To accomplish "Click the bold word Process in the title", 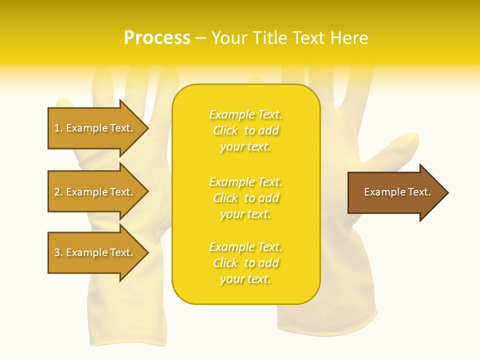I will click(x=157, y=38).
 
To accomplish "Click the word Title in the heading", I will click(x=268, y=38).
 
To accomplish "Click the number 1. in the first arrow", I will click(x=58, y=128).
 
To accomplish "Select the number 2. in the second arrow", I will click(x=58, y=192).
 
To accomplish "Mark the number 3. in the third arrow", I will click(x=58, y=252).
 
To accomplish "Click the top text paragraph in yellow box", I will click(x=245, y=130).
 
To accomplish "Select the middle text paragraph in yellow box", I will click(x=245, y=198).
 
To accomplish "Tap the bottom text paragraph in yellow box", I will click(x=245, y=263).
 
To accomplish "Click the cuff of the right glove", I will click(x=325, y=320).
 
